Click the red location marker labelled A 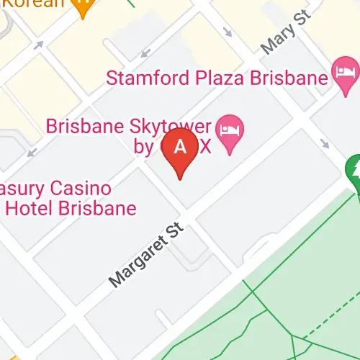click(x=181, y=149)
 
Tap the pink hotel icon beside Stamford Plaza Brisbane click(x=344, y=72)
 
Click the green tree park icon click(x=355, y=169)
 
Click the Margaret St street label click(x=147, y=256)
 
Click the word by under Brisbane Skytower click(x=143, y=148)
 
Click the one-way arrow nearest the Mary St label click(x=228, y=32)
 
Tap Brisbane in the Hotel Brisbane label click(x=94, y=210)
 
